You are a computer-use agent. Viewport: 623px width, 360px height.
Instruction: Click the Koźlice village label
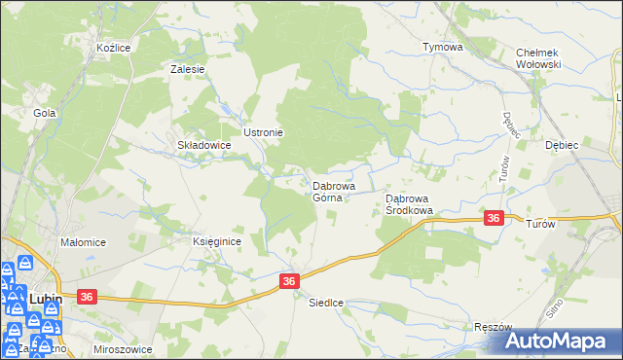pos(114,47)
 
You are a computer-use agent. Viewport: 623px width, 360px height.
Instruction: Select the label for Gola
pos(44,113)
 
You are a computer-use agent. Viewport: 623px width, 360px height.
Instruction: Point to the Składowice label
pos(202,145)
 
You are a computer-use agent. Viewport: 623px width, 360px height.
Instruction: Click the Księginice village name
pos(216,241)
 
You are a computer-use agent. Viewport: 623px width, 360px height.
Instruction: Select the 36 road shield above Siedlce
pos(289,280)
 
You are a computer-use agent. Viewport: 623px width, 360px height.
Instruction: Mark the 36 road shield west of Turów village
pos(494,219)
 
